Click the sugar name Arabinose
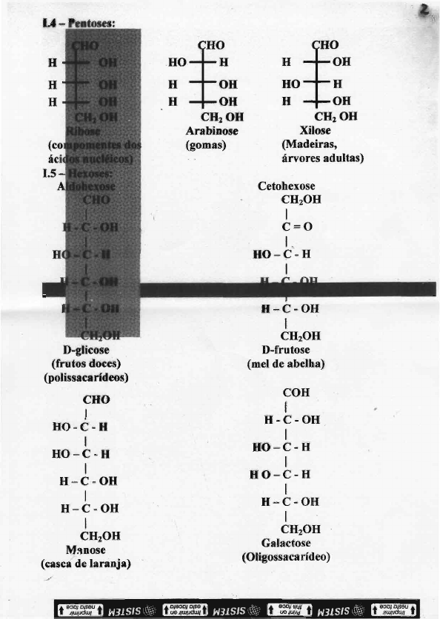210,130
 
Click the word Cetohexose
286,187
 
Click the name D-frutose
286,350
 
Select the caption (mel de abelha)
286,364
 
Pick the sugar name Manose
86,550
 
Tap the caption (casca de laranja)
86,564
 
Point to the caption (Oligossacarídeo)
286,556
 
